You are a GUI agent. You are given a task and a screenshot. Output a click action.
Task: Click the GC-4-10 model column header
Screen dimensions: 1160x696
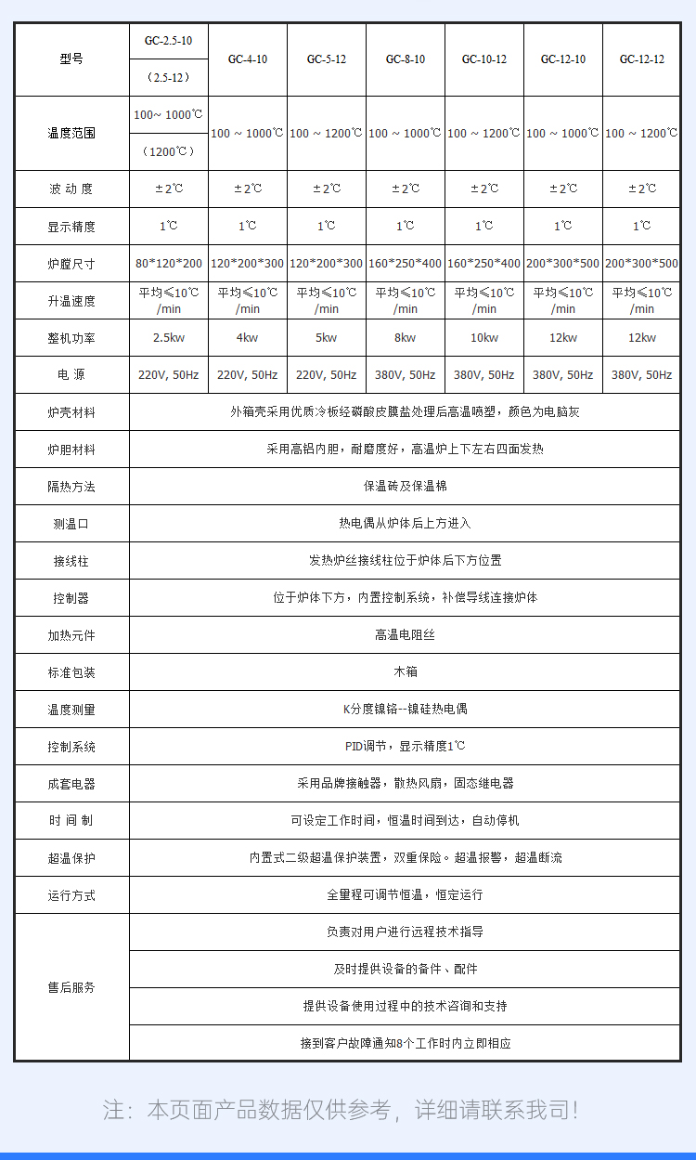[248, 59]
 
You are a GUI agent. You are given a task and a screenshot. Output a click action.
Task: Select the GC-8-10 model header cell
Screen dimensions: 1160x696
[406, 59]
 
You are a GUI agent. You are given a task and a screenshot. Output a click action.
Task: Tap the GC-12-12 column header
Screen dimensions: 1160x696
[642, 59]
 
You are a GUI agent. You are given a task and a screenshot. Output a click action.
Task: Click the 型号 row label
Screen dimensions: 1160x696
[71, 59]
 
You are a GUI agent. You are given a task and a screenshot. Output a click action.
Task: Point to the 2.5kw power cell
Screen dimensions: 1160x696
[169, 338]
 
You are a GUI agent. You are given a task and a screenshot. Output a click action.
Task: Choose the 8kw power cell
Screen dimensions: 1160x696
[406, 338]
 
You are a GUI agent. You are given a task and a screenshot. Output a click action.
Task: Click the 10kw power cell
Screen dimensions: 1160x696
[484, 338]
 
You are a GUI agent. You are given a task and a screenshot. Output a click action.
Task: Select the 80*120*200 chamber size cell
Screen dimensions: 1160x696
[169, 264]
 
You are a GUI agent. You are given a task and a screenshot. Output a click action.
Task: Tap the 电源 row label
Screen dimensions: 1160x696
[71, 375]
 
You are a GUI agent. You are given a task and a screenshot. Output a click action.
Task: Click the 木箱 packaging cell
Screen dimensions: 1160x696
[406, 671]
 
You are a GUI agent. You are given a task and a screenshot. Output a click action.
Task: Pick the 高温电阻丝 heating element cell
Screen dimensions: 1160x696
[406, 634]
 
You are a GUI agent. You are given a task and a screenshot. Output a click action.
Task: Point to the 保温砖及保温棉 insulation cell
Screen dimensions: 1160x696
[406, 486]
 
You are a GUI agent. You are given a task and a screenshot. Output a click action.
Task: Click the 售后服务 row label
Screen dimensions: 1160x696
[71, 987]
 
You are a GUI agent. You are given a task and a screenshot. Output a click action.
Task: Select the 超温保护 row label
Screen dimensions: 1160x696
[71, 857]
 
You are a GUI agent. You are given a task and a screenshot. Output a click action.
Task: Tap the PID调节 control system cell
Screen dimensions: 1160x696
[406, 746]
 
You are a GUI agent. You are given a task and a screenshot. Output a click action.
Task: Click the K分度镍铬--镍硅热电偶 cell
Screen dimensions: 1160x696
[406, 709]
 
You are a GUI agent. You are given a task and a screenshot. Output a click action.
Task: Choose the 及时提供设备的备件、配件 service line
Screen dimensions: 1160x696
[406, 969]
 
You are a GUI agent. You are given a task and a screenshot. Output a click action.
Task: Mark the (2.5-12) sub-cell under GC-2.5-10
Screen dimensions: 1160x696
[169, 77]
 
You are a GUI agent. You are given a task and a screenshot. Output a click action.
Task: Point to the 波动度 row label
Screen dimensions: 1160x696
[71, 189]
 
